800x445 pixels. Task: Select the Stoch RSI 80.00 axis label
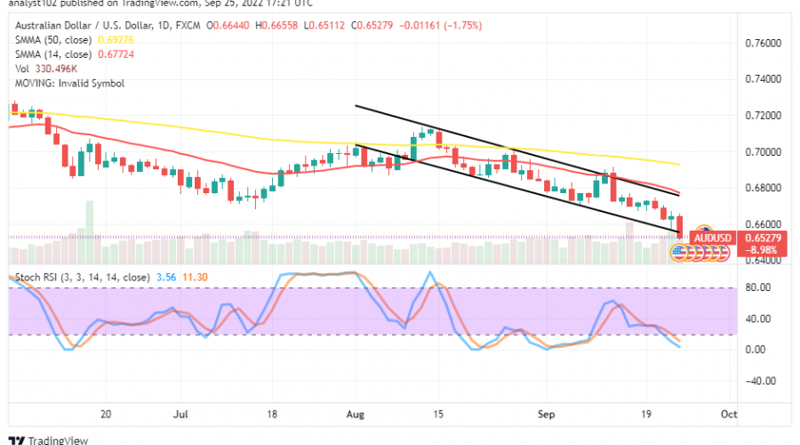tap(756, 288)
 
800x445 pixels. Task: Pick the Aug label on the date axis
tap(356, 414)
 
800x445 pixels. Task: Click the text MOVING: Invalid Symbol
tap(68, 83)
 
